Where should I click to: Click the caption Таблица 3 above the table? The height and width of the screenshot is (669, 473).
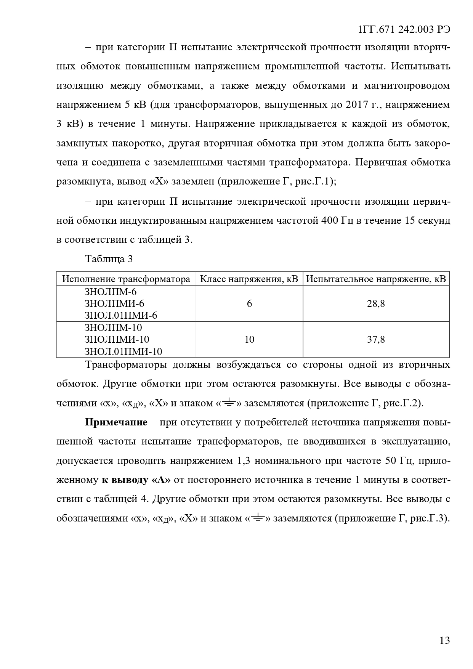109,259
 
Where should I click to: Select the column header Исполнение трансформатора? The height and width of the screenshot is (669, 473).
126,279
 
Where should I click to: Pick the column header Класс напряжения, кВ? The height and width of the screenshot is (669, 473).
249,279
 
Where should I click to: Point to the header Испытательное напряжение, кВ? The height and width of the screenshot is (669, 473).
376,279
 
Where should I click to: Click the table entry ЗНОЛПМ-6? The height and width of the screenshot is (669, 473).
110,292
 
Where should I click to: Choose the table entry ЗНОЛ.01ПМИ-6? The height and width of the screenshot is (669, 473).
120,316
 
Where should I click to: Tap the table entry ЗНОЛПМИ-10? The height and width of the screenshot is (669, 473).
117,339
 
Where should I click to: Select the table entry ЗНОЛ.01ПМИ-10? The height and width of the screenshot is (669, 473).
123,351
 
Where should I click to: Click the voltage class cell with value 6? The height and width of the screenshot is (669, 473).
249,304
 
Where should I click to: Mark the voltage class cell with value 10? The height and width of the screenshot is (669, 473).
249,339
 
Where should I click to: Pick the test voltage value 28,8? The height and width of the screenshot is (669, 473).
376,304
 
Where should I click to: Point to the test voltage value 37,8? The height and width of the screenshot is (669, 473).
376,339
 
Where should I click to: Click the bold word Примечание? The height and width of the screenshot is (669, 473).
116,422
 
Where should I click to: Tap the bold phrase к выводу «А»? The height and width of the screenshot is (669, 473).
136,480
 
